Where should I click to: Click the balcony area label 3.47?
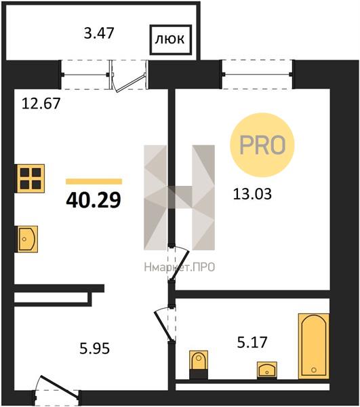coord(99,33)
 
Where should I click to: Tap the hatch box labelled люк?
coord(171,40)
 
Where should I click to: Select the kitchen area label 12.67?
coord(41,103)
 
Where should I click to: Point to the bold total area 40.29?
coord(94,200)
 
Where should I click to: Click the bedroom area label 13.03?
coord(252,194)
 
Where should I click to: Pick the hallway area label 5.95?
coord(94,349)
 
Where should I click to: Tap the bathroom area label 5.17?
coord(252,342)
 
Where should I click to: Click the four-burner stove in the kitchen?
coord(31,178)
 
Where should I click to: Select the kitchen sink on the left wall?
coord(28,239)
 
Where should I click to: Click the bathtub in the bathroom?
coord(314,346)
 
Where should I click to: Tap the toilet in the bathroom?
coord(199,365)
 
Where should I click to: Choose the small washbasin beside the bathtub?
coord(267,370)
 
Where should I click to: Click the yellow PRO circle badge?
coord(262,145)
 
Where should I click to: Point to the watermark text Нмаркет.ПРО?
coord(180,267)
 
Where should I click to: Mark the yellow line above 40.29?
coord(94,181)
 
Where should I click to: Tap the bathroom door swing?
coord(165,324)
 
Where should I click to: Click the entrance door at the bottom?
coord(57,387)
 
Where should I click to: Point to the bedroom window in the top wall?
coord(257,75)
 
